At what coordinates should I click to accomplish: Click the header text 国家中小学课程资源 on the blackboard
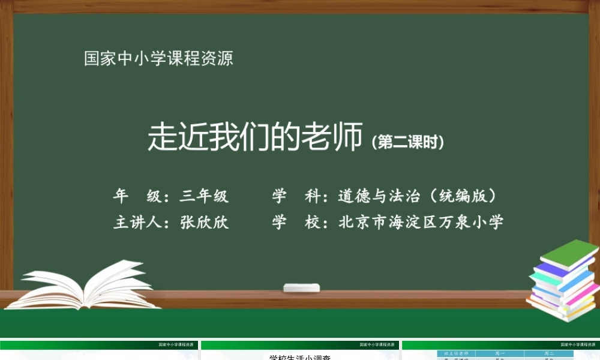[158, 59]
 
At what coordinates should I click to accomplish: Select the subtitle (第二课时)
[408, 142]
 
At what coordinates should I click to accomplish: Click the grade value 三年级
[204, 196]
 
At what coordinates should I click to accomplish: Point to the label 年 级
[136, 196]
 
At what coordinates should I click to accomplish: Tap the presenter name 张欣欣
[204, 222]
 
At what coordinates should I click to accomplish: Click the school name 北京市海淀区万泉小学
[421, 222]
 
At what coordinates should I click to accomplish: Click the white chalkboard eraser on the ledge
[302, 287]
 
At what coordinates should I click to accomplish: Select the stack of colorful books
[562, 282]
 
